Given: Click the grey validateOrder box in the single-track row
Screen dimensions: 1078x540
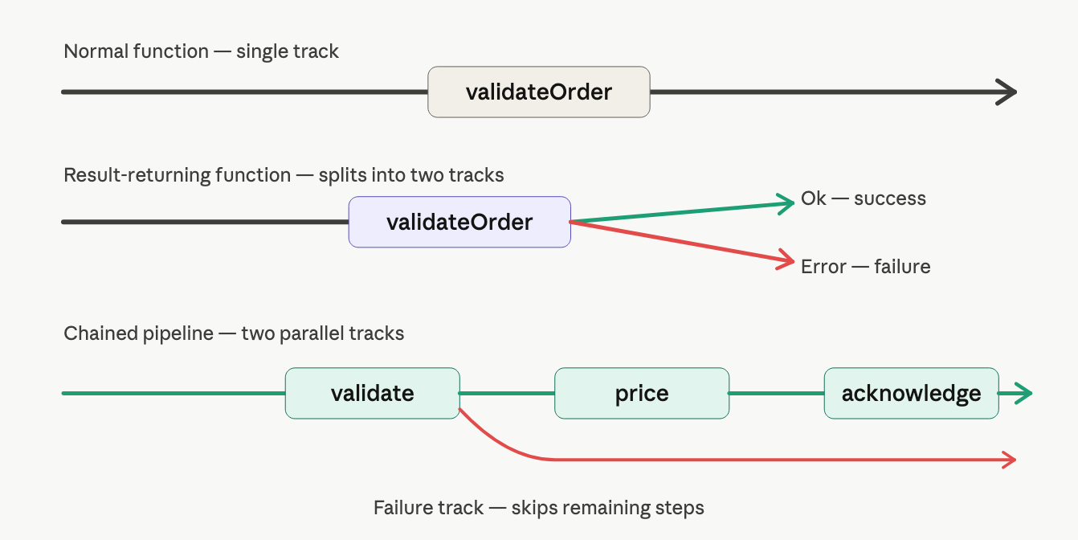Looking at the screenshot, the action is (538, 92).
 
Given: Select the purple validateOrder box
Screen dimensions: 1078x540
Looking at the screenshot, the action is (459, 222).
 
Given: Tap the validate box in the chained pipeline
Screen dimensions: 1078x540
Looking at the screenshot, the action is (373, 393).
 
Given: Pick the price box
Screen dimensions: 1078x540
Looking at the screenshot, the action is (642, 393).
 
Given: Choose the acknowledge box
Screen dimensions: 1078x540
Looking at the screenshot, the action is (912, 393).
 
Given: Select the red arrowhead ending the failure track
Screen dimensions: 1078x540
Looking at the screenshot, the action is (1010, 460).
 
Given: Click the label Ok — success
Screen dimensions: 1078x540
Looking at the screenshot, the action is (864, 198).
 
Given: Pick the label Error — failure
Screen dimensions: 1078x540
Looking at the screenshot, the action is (865, 267).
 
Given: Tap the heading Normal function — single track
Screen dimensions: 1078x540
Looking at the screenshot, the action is (201, 51).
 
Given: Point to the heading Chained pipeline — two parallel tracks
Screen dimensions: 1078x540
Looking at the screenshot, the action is (234, 333).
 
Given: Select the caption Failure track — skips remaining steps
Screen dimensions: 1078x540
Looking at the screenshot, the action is (538, 508).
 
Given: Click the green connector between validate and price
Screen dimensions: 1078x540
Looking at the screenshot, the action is (507, 393).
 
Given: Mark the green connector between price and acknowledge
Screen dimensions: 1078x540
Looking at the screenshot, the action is (777, 393).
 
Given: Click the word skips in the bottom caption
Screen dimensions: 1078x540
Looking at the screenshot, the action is (534, 508).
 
